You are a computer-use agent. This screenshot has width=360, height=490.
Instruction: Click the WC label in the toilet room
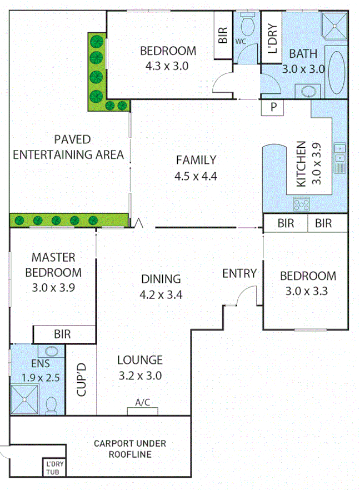coord(241,42)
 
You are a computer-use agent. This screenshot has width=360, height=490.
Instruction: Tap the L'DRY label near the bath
coord(272,38)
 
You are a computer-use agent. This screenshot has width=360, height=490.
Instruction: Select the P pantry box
coord(273,107)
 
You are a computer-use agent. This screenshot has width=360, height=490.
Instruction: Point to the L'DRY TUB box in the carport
coord(54,467)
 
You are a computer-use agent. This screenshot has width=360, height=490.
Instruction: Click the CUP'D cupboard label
coord(81,380)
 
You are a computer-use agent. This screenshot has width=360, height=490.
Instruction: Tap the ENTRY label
coord(239,273)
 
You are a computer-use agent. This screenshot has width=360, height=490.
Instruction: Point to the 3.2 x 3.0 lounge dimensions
coord(140,376)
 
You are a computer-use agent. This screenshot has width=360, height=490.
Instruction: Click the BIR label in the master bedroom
coord(62,335)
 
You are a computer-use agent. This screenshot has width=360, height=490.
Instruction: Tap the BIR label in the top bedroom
coord(223,36)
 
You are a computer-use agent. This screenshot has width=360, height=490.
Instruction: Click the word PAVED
coord(69,139)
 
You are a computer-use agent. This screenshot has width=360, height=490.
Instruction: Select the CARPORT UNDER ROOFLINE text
coord(129,448)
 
